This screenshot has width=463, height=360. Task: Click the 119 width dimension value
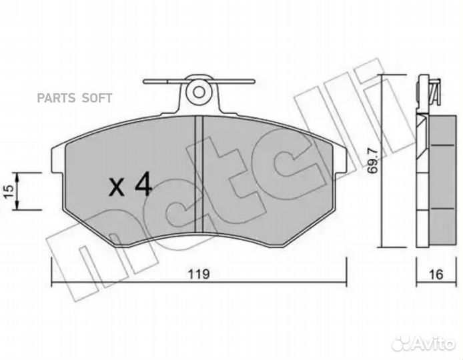(x=199, y=274)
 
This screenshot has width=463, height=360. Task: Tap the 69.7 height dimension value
(x=373, y=160)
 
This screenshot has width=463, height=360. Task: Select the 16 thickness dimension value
(x=436, y=275)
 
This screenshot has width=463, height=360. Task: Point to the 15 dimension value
(x=9, y=191)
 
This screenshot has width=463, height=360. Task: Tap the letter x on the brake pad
(x=117, y=187)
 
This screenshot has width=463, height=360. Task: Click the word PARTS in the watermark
(x=55, y=98)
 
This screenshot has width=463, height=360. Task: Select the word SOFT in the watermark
(x=97, y=98)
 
